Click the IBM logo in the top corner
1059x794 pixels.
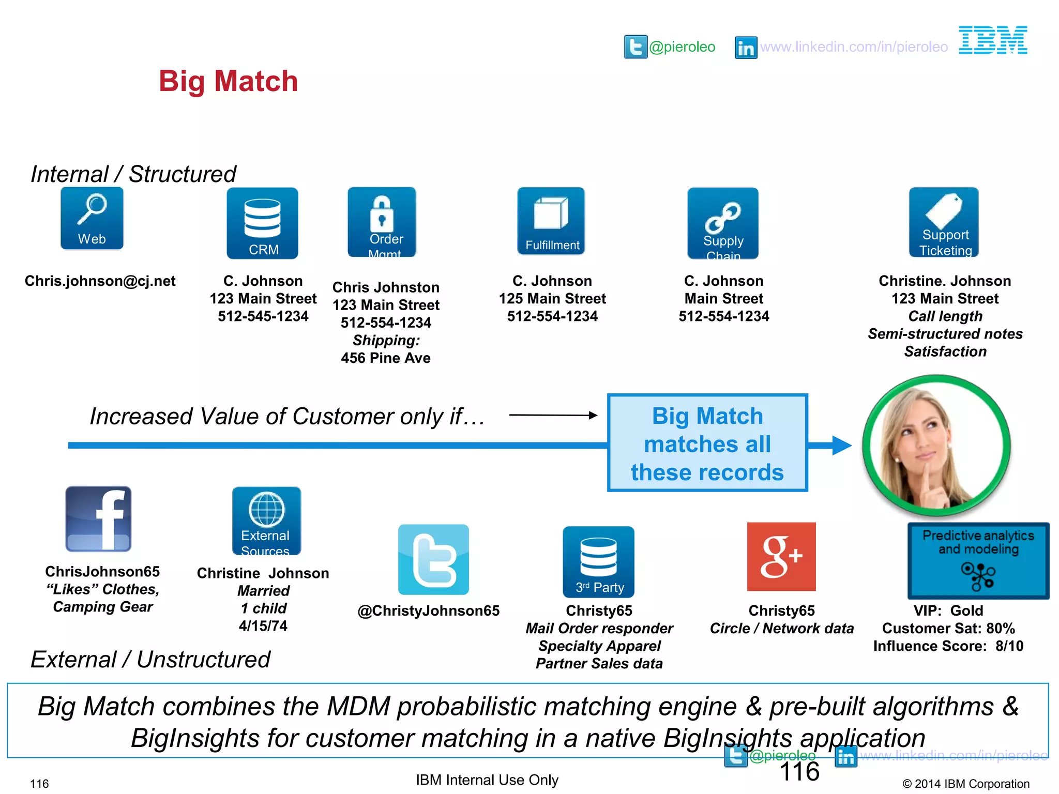(993, 40)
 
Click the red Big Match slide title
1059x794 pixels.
(228, 82)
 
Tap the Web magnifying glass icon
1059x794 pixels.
(92, 218)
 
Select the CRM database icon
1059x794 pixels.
(263, 223)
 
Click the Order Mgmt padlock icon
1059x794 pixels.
(382, 222)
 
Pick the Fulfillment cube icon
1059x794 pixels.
(551, 221)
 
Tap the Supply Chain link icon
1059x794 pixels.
(723, 223)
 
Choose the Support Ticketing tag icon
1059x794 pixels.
(944, 222)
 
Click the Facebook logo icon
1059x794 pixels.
(98, 518)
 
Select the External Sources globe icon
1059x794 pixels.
(266, 521)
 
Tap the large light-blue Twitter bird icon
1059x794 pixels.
(433, 559)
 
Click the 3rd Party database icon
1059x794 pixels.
(598, 561)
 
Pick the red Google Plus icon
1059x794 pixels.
(781, 557)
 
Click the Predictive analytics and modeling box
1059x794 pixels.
(978, 561)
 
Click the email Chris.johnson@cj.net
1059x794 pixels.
(100, 281)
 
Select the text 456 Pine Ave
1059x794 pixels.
(386, 358)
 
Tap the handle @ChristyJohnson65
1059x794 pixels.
(429, 611)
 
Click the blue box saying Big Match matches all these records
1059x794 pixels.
(707, 443)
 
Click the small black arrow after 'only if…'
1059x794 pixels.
(553, 415)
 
